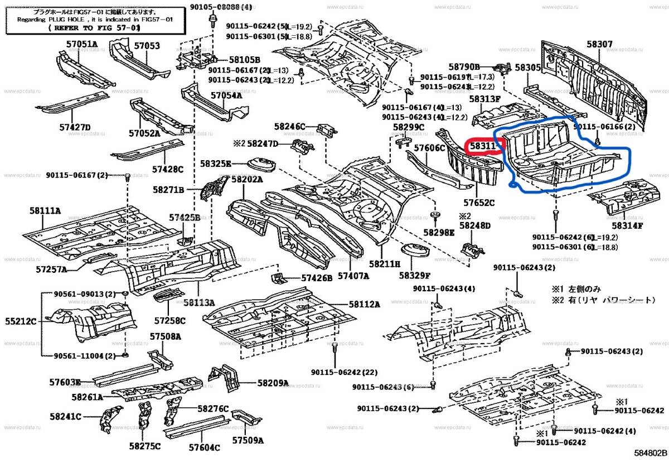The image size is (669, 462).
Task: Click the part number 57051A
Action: pyautogui.click(x=80, y=45)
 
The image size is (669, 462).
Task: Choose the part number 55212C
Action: pyautogui.click(x=21, y=321)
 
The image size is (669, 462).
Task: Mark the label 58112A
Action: pyautogui.click(x=365, y=304)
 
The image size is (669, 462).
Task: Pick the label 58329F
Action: pyautogui.click(x=414, y=275)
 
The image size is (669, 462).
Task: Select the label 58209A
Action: pyautogui.click(x=273, y=383)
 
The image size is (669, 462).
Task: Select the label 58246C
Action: pyautogui.click(x=290, y=127)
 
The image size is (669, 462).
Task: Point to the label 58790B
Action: pyautogui.click(x=464, y=66)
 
